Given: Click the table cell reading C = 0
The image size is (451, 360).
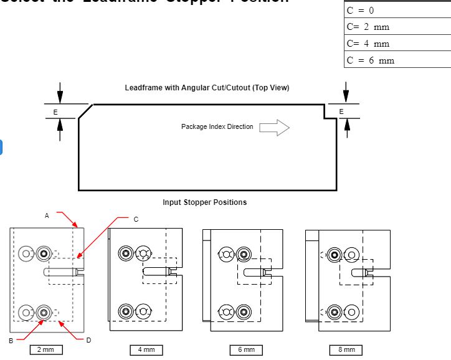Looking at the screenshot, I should (397, 11).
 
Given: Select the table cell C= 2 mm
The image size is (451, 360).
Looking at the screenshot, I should (397, 27).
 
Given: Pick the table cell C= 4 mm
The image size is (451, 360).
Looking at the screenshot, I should (397, 44).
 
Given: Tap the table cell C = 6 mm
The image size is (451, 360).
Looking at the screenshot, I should (397, 60).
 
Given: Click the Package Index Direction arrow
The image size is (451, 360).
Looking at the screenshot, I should (274, 128).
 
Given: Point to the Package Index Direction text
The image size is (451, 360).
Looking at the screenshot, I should (217, 127).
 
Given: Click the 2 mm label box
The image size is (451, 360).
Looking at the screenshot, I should (45, 350).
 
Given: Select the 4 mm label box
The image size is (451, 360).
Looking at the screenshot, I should (146, 350).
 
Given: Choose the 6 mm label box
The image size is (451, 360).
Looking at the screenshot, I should (246, 350).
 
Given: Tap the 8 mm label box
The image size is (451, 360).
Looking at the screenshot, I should (346, 350).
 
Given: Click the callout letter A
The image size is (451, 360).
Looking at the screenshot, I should (47, 215).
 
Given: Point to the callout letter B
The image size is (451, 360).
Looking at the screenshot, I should (11, 341).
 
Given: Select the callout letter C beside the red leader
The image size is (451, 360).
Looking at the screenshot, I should (136, 219).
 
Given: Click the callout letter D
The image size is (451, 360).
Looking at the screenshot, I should (88, 340).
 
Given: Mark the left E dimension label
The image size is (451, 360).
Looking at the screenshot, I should (55, 111).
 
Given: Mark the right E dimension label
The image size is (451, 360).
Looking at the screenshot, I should (341, 111).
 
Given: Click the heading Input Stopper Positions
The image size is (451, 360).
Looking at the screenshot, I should (204, 202).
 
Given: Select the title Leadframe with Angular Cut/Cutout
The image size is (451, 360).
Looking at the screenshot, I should (207, 88).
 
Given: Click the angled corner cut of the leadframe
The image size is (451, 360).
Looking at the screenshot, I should (85, 112).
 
